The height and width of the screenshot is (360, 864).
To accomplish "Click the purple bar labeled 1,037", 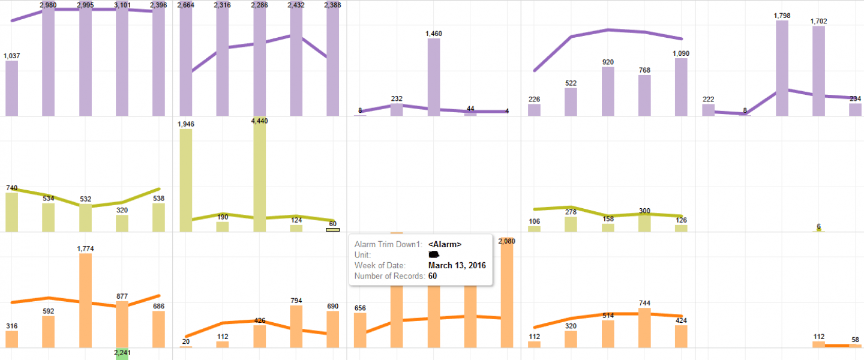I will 11,88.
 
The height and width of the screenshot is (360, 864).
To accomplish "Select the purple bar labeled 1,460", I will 434,77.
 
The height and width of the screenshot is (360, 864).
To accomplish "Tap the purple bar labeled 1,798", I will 782,68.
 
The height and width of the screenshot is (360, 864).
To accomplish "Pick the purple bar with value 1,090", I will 681,87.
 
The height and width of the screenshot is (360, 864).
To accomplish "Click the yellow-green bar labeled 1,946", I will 186,180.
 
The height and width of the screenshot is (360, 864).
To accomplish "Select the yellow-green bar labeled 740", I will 11,212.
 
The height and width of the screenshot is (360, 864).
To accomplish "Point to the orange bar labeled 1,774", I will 85,300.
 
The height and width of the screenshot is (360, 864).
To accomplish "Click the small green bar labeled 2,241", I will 122,353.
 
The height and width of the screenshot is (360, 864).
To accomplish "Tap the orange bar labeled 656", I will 360,330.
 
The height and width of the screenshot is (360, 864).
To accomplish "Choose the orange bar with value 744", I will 644,328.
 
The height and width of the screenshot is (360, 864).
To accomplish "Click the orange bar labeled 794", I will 296,326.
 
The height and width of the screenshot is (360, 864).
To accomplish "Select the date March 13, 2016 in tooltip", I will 457,266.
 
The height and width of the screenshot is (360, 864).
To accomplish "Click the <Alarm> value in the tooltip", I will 445,244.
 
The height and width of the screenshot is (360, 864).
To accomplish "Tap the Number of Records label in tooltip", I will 389,276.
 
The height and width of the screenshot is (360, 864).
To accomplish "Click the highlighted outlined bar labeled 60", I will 332,229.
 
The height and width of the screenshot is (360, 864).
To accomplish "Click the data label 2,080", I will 507,241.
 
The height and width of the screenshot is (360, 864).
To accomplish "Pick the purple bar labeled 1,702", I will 818,71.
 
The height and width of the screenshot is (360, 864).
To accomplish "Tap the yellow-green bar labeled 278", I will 571,224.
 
